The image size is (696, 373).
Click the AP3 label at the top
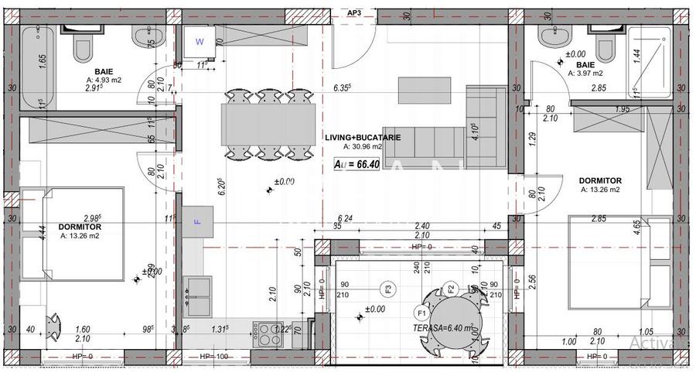tap(354, 13)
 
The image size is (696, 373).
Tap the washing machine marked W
tap(200, 41)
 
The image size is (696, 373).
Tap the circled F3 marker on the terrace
tap(388, 289)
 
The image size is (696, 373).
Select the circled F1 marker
tap(421, 313)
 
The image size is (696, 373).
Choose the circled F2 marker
tap(450, 289)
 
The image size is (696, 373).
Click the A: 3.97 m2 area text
tap(585, 73)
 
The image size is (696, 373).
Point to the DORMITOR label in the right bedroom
tap(600, 181)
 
